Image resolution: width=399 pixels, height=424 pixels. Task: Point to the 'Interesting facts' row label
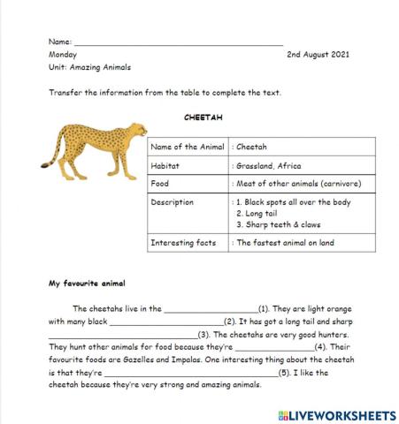tap(183, 242)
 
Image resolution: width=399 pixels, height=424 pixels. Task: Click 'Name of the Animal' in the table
tap(188, 147)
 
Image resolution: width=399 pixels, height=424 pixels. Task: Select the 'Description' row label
tap(173, 202)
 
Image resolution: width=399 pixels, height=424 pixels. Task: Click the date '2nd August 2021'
tap(318, 55)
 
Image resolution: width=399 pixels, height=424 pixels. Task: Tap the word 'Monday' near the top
tap(63, 55)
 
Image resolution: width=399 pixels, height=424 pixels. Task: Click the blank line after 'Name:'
tap(177, 42)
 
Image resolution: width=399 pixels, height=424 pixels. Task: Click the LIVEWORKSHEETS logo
tap(335, 414)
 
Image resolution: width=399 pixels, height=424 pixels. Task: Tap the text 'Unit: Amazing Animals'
tap(89, 67)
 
